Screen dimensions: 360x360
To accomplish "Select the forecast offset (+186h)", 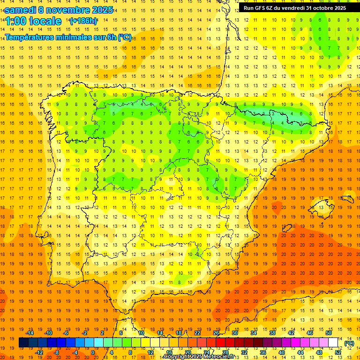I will pos(83,21).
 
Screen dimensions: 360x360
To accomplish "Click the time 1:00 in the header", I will pos(15,21).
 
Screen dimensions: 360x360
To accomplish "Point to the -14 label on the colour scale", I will pos(30,333).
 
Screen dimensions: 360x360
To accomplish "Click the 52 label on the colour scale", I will pos(338,352).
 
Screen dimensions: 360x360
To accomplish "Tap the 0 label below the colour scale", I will pos(93,352).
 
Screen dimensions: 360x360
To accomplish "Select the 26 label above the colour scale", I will pos(216,333).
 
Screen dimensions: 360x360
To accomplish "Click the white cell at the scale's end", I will pos(333,343).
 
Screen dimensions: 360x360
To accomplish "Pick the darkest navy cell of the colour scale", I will pos(23,343).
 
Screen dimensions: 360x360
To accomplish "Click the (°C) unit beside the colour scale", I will pos(349,343).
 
